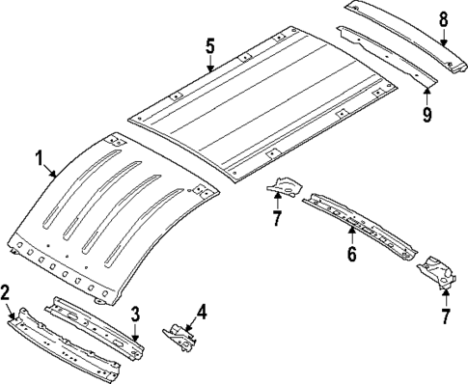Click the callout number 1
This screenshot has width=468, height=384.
point(40,156)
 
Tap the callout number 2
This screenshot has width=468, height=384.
point(6,290)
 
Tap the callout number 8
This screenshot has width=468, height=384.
point(443,17)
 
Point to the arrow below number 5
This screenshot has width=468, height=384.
point(209,66)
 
